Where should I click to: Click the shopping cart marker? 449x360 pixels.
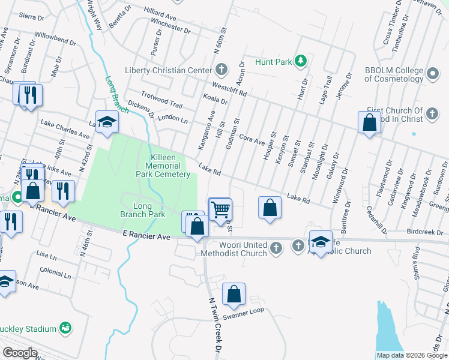(x=220, y=208)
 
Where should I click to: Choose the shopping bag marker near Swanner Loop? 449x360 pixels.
(x=234, y=293)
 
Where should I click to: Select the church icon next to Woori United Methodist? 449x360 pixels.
(x=276, y=246)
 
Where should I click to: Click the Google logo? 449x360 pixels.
(x=20, y=353)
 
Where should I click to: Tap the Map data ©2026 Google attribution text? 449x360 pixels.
(x=412, y=355)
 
